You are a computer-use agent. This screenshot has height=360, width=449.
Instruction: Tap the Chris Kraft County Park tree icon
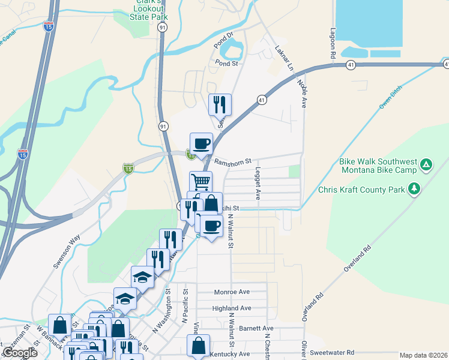pyautogui.click(x=414, y=190)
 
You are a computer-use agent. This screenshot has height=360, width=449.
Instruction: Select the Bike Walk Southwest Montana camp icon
pyautogui.click(x=425, y=163)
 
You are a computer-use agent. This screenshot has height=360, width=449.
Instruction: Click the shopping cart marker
pyautogui.click(x=201, y=181)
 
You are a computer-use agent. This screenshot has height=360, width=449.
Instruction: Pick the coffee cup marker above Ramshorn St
pyautogui.click(x=201, y=143)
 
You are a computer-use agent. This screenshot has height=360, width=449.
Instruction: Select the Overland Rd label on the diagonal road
pyautogui.click(x=358, y=259)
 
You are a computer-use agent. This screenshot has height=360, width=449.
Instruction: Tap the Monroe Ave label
pyautogui.click(x=232, y=292)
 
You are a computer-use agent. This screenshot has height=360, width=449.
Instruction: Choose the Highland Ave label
pyautogui.click(x=232, y=308)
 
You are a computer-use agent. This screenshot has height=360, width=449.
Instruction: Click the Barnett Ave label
pyautogui.click(x=256, y=328)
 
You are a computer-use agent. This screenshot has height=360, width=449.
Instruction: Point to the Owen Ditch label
pyautogui.click(x=392, y=96)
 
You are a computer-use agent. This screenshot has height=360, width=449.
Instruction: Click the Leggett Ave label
pyautogui.click(x=258, y=184)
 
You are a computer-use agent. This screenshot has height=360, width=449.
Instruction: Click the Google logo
pyautogui.click(x=20, y=353)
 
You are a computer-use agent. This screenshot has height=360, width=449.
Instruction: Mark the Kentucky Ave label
pyautogui.click(x=230, y=355)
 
